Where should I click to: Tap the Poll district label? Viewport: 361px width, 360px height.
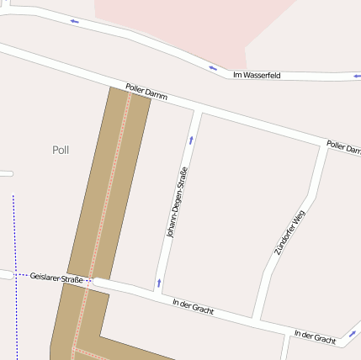click(61, 150)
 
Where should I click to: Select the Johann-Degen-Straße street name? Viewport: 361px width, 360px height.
click(177, 203)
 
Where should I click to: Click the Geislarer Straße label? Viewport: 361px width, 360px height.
click(56, 278)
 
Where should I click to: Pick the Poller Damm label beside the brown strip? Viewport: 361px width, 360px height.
click(146, 92)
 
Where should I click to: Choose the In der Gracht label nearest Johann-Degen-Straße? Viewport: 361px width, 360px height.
click(193, 306)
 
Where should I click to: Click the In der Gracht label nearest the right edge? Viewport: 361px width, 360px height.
click(316, 337)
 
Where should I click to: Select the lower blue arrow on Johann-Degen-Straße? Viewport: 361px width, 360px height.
click(158, 283)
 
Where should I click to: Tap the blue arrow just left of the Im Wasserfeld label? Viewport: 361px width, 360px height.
click(213, 68)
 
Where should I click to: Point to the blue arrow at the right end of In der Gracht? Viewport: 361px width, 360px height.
click(353, 334)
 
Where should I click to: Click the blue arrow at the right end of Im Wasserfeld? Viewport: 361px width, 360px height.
click(357, 76)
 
